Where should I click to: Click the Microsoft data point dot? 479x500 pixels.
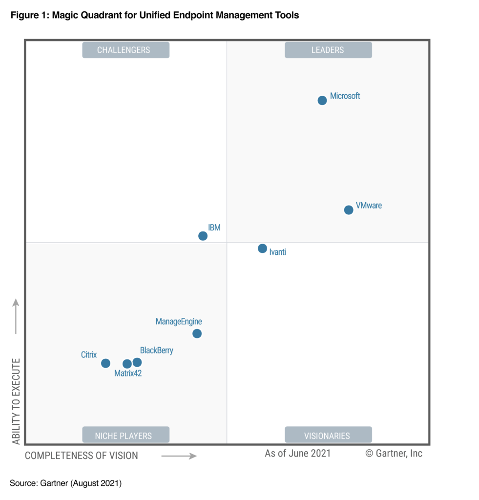point(322,101)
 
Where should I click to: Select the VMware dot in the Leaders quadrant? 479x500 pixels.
point(348,210)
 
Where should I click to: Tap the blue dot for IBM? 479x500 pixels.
point(203,236)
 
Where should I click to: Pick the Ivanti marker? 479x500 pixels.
point(262,249)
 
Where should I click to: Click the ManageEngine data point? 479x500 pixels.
point(197,333)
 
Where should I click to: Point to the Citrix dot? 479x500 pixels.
point(105,363)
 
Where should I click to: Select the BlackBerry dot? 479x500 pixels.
point(137,362)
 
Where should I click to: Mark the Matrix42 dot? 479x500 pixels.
point(127,364)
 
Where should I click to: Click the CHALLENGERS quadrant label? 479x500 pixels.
point(125,50)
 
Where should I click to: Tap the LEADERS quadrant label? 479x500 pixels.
point(328,50)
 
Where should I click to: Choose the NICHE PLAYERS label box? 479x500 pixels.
point(125,435)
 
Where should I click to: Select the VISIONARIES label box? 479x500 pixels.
point(328,435)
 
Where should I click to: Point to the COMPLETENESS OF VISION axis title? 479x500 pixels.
point(82,456)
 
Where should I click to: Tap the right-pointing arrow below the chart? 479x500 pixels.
point(179,456)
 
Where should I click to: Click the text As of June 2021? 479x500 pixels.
point(298,453)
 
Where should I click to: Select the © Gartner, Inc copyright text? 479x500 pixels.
point(394,453)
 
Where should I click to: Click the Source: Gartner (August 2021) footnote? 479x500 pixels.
point(65,483)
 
